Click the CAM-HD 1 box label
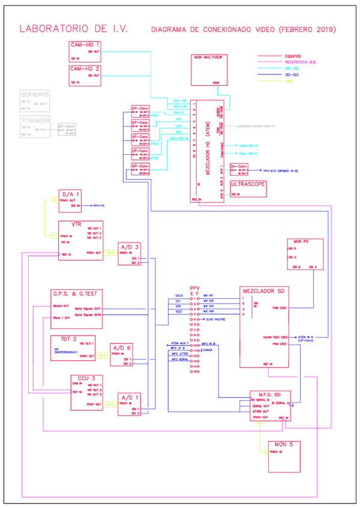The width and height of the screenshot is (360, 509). click(85, 45)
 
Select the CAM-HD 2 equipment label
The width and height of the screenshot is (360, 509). click(85, 69)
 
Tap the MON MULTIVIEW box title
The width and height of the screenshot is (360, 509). click(208, 57)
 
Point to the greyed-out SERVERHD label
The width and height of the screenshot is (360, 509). click(35, 95)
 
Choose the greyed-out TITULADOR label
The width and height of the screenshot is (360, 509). click(35, 120)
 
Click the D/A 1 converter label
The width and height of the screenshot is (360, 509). click(70, 194)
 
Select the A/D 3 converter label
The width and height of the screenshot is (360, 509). click(130, 247)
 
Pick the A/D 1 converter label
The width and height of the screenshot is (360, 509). click(130, 397)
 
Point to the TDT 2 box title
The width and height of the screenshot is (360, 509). click(67, 339)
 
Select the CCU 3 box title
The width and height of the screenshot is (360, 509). click(83, 378)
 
